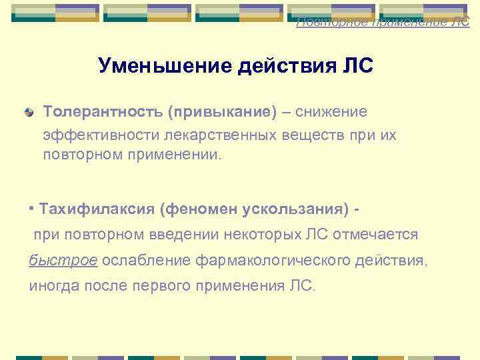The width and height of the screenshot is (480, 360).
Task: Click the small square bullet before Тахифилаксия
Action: [32, 205]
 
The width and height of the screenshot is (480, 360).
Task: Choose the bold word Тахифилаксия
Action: [97, 209]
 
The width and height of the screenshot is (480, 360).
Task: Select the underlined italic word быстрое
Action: [63, 260]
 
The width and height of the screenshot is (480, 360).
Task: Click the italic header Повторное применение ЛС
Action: [383, 22]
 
